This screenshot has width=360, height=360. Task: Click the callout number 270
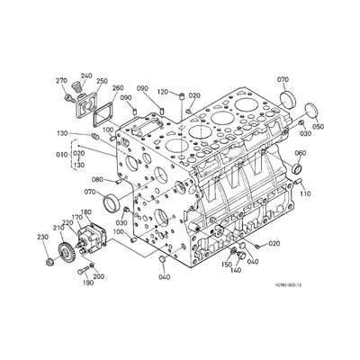63,81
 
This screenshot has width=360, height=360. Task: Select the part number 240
86,76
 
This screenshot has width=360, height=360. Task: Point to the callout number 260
118,88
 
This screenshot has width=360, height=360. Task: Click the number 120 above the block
163,91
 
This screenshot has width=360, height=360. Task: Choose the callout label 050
318,128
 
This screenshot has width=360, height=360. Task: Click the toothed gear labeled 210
64,244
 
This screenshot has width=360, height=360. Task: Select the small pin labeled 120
181,94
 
